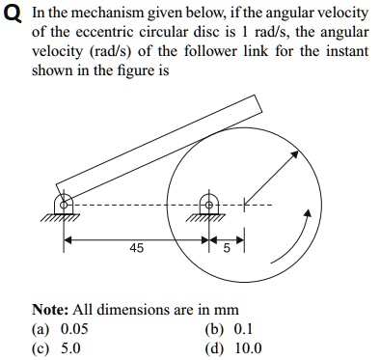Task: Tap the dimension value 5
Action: (226, 248)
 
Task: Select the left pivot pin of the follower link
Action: (65, 204)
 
